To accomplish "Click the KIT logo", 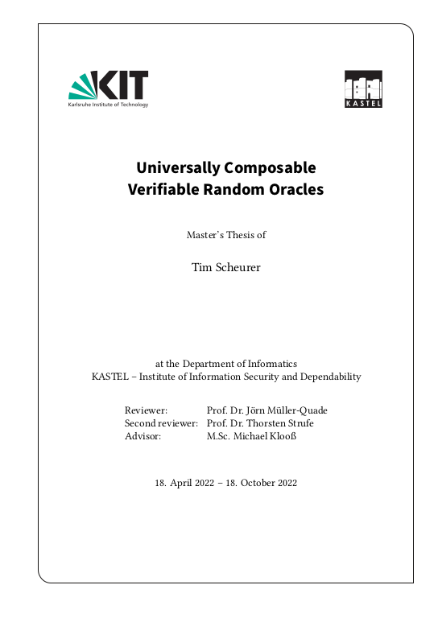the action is click(108, 84).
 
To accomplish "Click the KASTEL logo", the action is click(363, 89).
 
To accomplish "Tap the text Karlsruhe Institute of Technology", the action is click(108, 105).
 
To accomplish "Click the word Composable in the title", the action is click(270, 168).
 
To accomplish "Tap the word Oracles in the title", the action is click(295, 190).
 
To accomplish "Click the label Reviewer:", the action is click(146, 410).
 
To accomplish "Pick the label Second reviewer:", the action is click(161, 422).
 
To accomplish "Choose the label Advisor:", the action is click(143, 435).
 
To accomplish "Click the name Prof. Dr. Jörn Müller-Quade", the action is click(267, 410).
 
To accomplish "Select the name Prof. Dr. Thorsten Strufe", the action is click(260, 422).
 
